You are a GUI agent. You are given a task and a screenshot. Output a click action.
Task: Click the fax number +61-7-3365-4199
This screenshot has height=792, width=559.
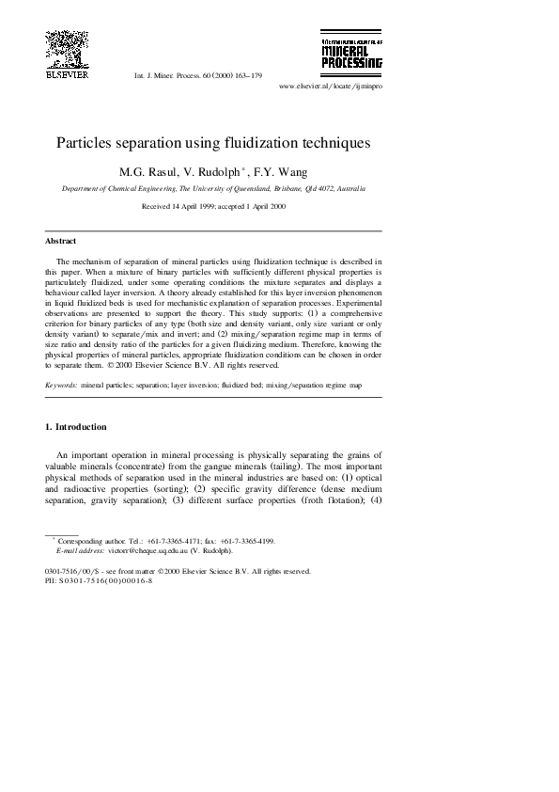point(248,541)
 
